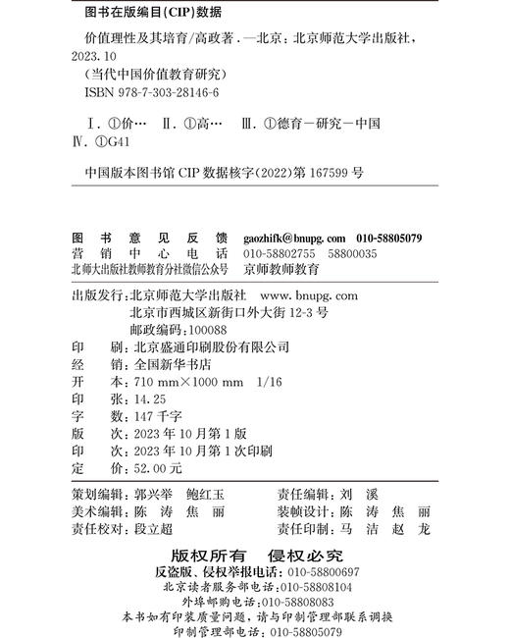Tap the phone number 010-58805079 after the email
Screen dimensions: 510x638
coord(389,239)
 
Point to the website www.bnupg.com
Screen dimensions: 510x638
coord(311,294)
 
